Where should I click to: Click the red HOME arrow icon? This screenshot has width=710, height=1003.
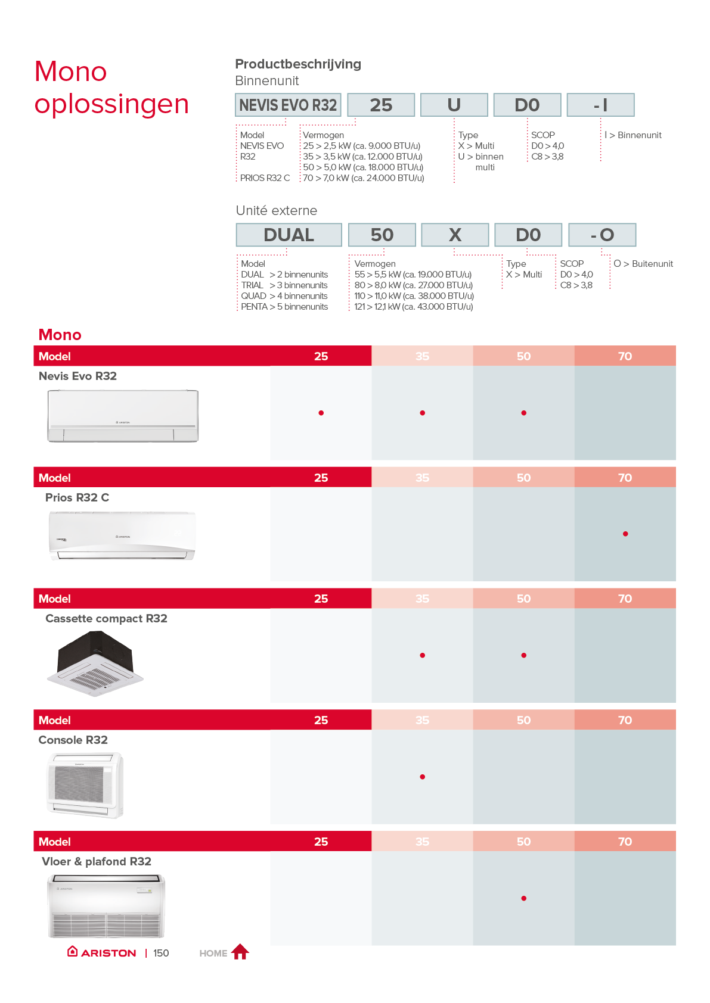click(240, 952)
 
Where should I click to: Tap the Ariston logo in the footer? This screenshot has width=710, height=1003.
click(102, 952)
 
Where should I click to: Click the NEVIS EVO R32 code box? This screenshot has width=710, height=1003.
click(288, 105)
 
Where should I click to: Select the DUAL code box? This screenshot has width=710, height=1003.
click(289, 235)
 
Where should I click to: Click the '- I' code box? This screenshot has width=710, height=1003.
click(600, 105)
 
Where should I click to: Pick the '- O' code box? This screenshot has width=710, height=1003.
click(602, 235)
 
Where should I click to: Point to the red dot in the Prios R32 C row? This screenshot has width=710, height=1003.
click(625, 534)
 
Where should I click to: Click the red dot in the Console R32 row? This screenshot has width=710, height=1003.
click(422, 777)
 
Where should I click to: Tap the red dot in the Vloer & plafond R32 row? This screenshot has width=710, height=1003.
click(523, 898)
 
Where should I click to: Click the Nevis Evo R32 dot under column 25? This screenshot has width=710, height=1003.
click(321, 413)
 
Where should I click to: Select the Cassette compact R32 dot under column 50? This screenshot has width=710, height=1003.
click(523, 655)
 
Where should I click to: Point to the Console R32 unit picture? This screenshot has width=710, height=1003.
click(85, 785)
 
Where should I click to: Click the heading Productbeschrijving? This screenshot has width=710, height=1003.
click(297, 64)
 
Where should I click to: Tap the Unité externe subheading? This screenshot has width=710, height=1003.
click(276, 210)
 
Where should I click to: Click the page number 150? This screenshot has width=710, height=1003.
click(161, 953)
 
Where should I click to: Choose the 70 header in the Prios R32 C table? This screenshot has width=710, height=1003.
click(625, 478)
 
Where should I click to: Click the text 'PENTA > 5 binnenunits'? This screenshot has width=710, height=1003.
click(284, 307)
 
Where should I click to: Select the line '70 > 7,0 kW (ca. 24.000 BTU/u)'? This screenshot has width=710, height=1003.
click(363, 178)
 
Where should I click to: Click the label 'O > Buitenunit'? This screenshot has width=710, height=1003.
click(643, 264)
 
